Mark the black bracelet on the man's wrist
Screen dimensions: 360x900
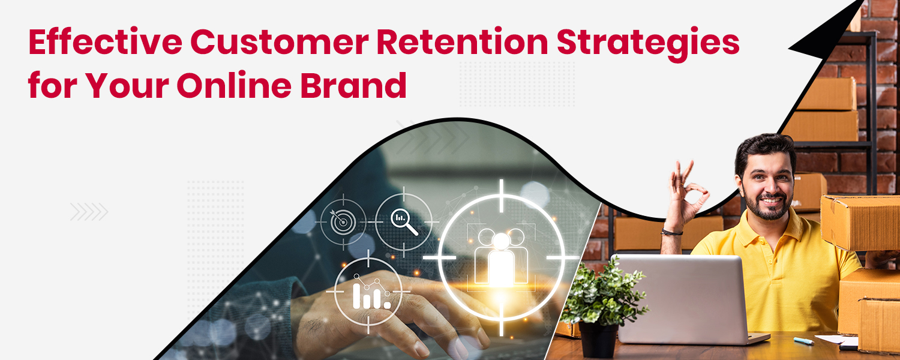pos(673,232)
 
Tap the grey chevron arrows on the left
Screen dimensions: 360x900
pos(89,211)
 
